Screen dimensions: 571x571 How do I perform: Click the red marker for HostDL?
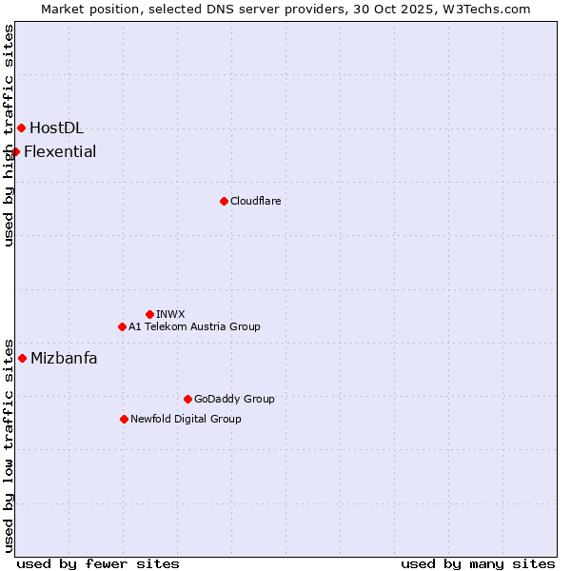[21, 128]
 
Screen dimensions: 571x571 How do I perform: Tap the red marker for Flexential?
[15, 151]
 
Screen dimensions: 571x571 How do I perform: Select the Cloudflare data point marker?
[224, 201]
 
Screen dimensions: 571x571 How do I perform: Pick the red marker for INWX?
[149, 314]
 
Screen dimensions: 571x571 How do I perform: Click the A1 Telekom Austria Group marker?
[122, 326]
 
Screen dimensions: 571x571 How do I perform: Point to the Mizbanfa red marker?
[22, 358]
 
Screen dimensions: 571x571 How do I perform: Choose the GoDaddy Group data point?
[187, 399]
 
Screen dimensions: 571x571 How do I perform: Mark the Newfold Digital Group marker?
[124, 419]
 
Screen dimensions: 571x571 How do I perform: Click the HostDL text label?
[56, 128]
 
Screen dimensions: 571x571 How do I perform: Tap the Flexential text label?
[60, 151]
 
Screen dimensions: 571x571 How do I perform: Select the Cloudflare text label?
[255, 201]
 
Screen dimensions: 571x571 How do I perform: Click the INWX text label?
[170, 314]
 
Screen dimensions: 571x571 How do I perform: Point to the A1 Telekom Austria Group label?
[194, 326]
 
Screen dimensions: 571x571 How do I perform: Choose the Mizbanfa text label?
[64, 358]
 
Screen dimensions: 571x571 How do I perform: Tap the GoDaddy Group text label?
[234, 399]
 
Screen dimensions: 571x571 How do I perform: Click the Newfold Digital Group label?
[186, 419]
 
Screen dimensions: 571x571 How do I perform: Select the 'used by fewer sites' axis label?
[98, 563]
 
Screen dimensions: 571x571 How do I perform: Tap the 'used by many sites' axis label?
[478, 563]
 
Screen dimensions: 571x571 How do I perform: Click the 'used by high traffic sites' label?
[9, 135]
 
